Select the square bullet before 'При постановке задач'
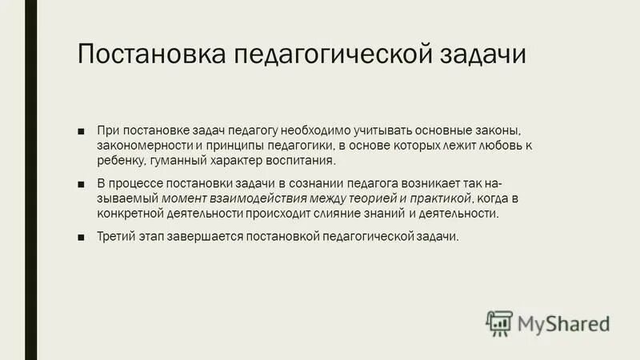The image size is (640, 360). pyautogui.click(x=82, y=130)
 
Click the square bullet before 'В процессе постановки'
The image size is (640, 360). pyautogui.click(x=82, y=184)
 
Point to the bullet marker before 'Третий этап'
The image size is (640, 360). pyautogui.click(x=82, y=237)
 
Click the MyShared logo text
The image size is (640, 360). pyautogui.click(x=563, y=323)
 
